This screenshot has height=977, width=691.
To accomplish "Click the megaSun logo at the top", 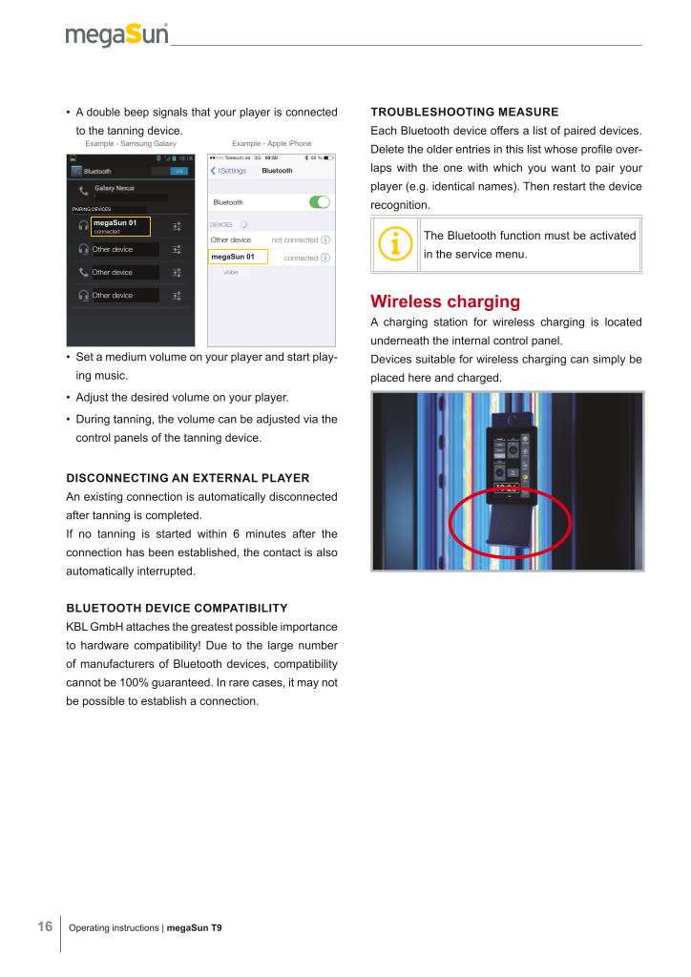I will (117, 35).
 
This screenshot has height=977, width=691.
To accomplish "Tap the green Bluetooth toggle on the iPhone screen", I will (320, 202).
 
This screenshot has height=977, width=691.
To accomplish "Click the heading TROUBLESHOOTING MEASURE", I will (463, 113).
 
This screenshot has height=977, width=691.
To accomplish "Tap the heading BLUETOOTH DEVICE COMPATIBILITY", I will (177, 607).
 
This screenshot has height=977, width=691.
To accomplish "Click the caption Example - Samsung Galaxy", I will (131, 143).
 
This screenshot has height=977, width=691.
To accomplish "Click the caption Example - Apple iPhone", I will (271, 143).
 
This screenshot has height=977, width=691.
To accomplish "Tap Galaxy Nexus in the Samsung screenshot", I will (120, 188).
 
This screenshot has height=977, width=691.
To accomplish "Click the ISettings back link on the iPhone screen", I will (228, 171).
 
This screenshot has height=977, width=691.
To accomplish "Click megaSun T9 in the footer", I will (195, 927).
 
